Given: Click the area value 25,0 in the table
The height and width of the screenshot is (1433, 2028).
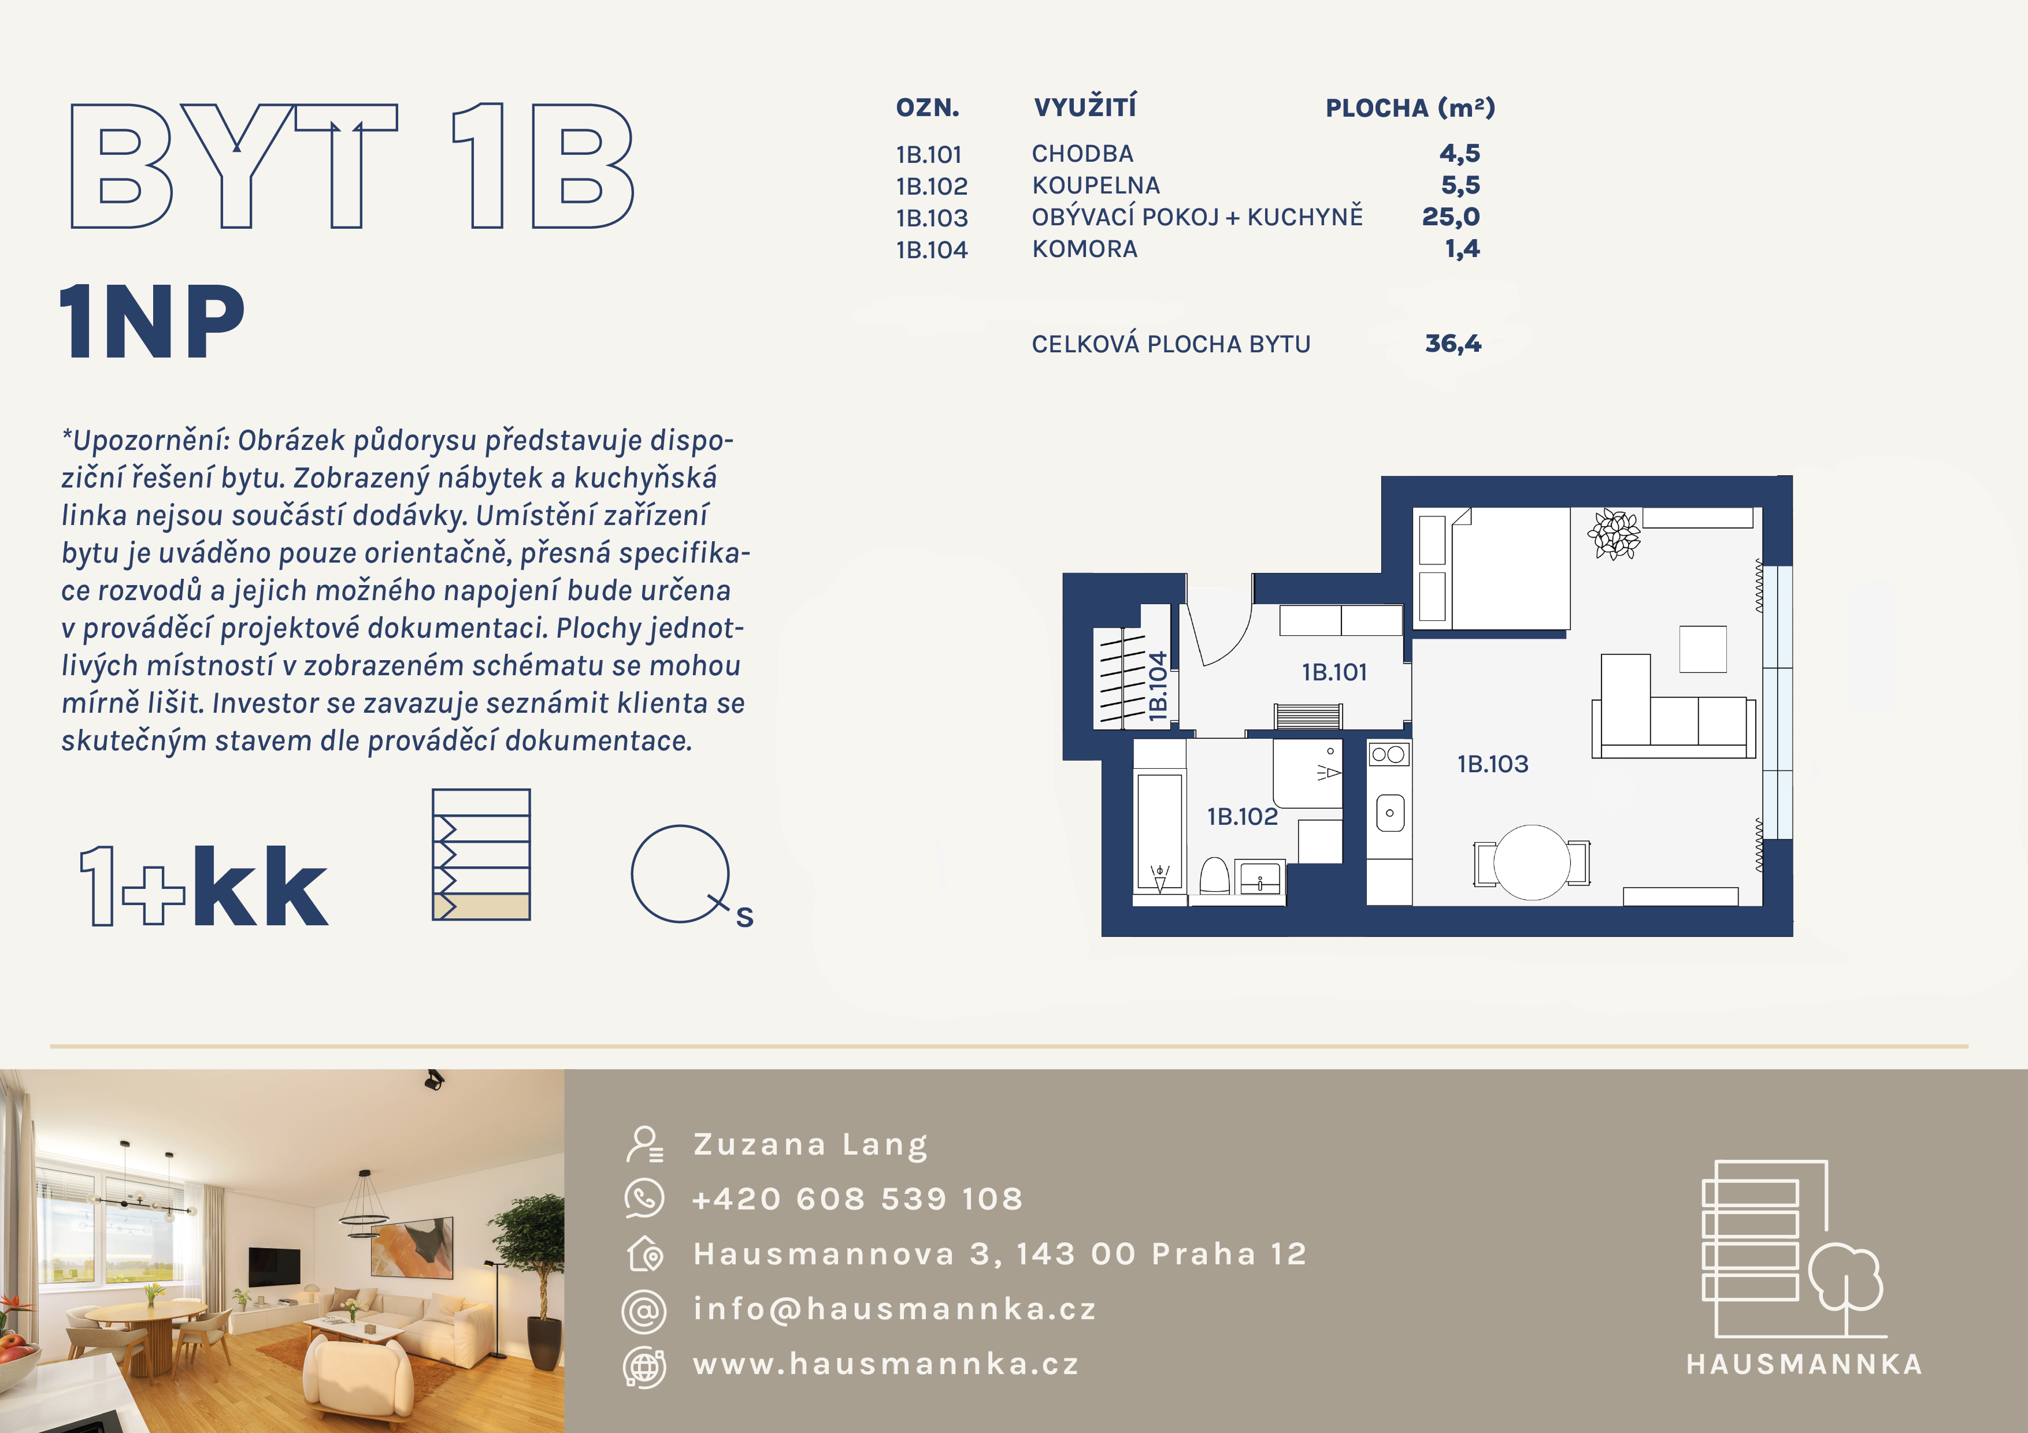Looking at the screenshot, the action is tap(1450, 217).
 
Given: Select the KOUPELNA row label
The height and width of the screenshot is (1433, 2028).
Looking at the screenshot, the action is tap(1095, 185).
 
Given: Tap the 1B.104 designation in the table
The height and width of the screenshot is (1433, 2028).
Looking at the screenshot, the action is tap(932, 250).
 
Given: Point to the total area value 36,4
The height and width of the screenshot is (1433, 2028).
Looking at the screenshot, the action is tap(1453, 344).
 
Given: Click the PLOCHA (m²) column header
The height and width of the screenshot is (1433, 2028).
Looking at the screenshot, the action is tap(1410, 107).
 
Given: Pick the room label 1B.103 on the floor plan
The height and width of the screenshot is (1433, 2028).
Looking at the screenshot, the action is tap(1493, 764).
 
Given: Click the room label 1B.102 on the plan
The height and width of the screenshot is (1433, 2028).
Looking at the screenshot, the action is tap(1242, 817).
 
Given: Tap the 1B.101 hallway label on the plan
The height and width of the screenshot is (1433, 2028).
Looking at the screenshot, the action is tap(1334, 672).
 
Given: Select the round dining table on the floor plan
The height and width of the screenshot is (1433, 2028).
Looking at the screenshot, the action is tap(1532, 862).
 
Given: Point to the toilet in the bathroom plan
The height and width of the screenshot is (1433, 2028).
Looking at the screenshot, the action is tap(1214, 876).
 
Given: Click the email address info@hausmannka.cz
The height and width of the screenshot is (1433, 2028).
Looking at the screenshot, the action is tap(894, 1308).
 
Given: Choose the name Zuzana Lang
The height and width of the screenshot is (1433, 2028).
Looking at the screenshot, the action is tap(810, 1144).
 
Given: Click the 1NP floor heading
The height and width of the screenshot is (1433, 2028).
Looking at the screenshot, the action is tap(152, 322).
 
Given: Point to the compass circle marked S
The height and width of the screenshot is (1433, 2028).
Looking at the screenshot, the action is tap(681, 874).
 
